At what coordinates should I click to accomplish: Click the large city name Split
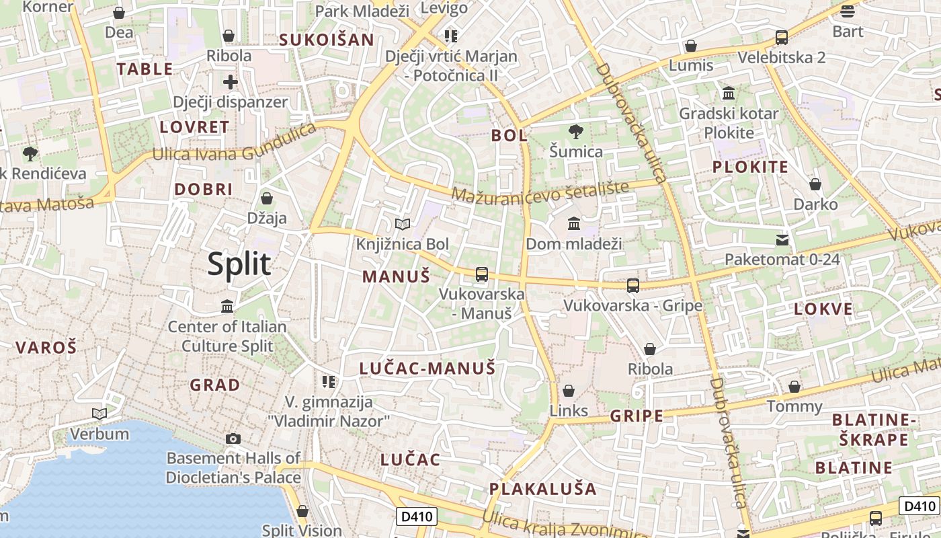[239, 264]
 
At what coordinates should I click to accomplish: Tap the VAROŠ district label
[46, 348]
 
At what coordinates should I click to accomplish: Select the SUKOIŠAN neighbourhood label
[326, 39]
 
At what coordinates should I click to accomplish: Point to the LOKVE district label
[823, 309]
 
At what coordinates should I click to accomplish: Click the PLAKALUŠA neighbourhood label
[542, 489]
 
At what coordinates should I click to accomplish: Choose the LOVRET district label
[194, 126]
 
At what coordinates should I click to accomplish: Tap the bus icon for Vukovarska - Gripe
[633, 286]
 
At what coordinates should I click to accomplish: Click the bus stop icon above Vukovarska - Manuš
[482, 274]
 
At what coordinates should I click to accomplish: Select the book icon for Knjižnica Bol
[403, 224]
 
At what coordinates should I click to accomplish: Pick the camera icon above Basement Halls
[233, 438]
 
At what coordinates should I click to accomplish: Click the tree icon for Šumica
[575, 131]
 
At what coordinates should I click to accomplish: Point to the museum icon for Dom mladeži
[574, 223]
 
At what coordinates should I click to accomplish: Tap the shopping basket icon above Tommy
[794, 387]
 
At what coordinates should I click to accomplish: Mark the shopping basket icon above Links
[569, 391]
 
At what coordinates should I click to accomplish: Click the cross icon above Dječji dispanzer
[231, 82]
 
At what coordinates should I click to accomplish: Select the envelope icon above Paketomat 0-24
[782, 239]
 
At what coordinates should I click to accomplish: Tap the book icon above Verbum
[99, 414]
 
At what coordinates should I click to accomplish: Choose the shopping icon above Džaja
[267, 198]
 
